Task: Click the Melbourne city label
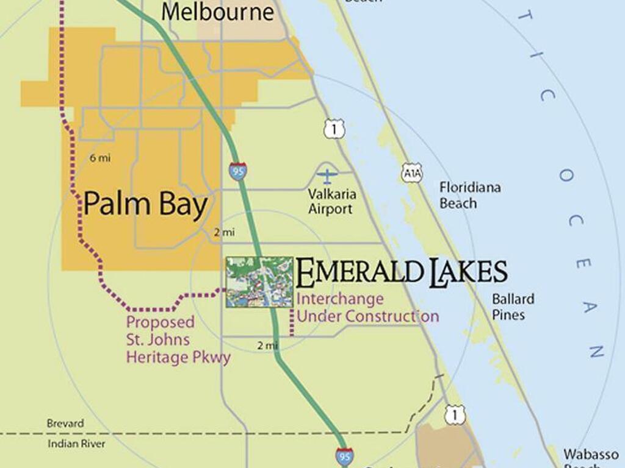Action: pos(217,12)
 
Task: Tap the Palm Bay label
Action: pos(145,204)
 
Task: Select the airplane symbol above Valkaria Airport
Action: pos(327,177)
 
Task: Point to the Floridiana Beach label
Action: pos(470,195)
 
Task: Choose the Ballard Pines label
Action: pos(513,307)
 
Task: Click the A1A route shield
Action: pos(411,173)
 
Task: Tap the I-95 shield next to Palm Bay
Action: pos(238,171)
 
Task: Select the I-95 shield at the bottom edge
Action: pos(344,456)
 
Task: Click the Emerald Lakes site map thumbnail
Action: pos(259,282)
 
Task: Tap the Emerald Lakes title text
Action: pos(402,272)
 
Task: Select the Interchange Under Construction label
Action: pos(367,308)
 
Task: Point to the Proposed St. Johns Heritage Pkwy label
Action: pos(178,339)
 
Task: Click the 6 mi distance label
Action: pos(100,158)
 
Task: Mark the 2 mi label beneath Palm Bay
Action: pos(224,232)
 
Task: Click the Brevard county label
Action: pos(65,423)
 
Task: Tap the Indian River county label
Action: pos(76,444)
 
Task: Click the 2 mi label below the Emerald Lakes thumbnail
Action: pos(267,346)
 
